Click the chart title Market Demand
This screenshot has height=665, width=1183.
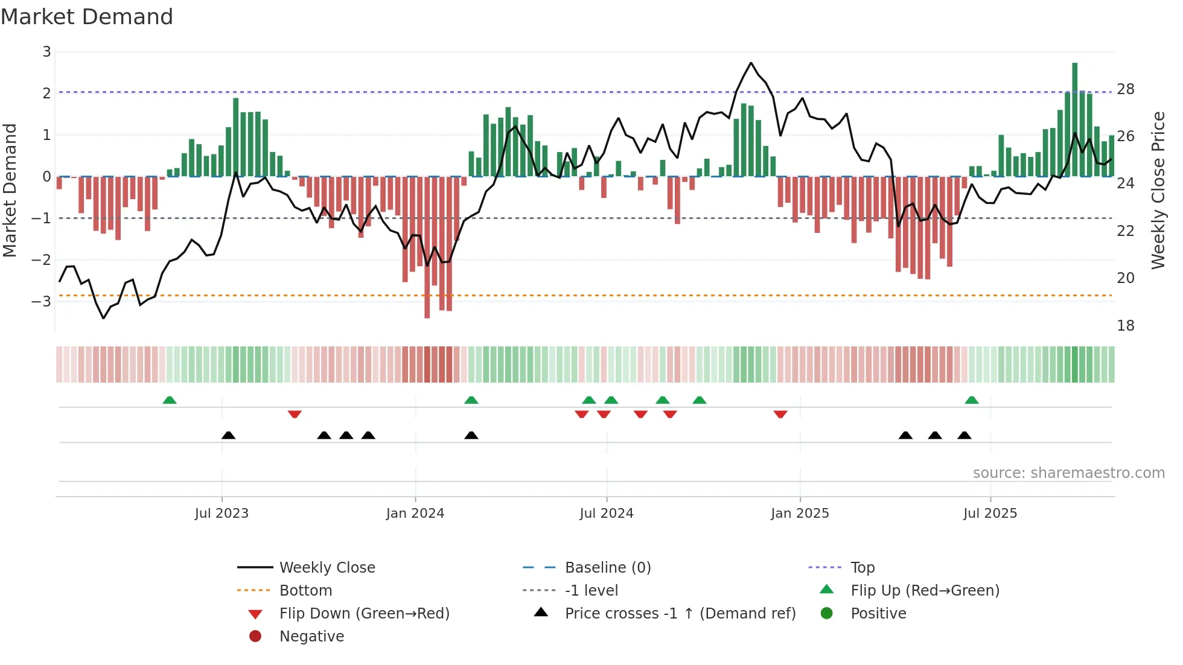click(87, 16)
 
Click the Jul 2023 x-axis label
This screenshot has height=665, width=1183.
click(222, 514)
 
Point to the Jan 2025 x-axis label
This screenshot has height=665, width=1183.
click(800, 514)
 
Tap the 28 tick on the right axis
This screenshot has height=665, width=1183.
click(1126, 89)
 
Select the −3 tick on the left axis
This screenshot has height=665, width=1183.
click(42, 301)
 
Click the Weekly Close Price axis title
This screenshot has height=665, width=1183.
click(1158, 190)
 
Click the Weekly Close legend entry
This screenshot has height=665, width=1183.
click(327, 568)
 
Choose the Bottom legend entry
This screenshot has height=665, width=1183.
click(305, 591)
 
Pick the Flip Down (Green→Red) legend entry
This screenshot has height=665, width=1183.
click(364, 614)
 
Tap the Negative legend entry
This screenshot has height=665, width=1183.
click(311, 637)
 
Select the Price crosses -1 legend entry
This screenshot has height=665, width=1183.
click(680, 614)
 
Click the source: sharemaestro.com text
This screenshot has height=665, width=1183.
click(1068, 473)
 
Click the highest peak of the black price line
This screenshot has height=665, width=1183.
click(751, 63)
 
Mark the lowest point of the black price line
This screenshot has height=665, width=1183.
click(104, 318)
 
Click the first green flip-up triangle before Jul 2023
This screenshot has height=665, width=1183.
click(170, 400)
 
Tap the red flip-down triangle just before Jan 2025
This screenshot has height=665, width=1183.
click(780, 414)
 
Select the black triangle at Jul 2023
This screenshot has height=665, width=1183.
click(228, 435)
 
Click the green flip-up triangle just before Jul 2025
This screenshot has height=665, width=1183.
click(972, 400)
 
